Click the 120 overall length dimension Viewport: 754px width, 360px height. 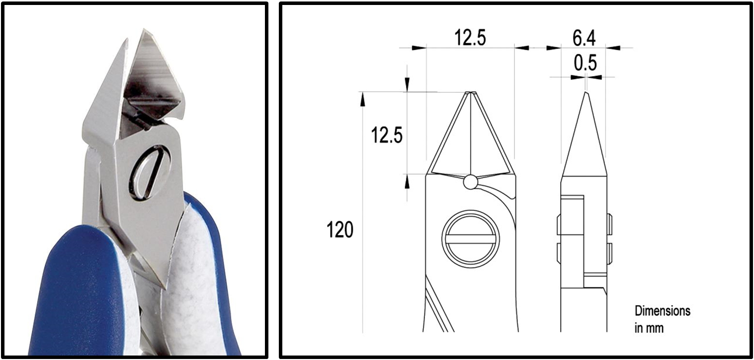pos(340,230)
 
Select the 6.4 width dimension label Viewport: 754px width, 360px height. pos(584,38)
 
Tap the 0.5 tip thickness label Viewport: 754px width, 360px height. pos(586,63)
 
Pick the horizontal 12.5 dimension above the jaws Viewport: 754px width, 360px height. pos(470,37)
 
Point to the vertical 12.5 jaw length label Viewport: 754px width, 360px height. pos(387,135)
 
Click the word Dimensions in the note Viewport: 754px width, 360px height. pos(663,311)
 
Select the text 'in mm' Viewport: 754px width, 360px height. pos(649,328)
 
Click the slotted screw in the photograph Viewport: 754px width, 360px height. pos(149,173)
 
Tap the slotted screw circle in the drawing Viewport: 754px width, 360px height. pos(471,239)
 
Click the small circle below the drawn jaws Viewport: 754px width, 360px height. pos(470,182)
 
